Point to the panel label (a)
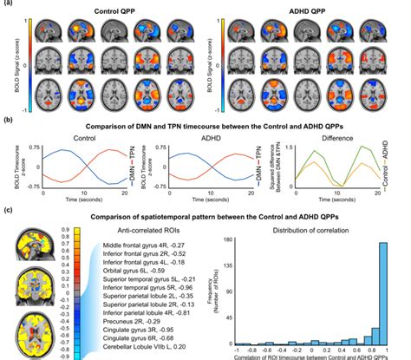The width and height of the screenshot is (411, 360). (8, 5)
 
